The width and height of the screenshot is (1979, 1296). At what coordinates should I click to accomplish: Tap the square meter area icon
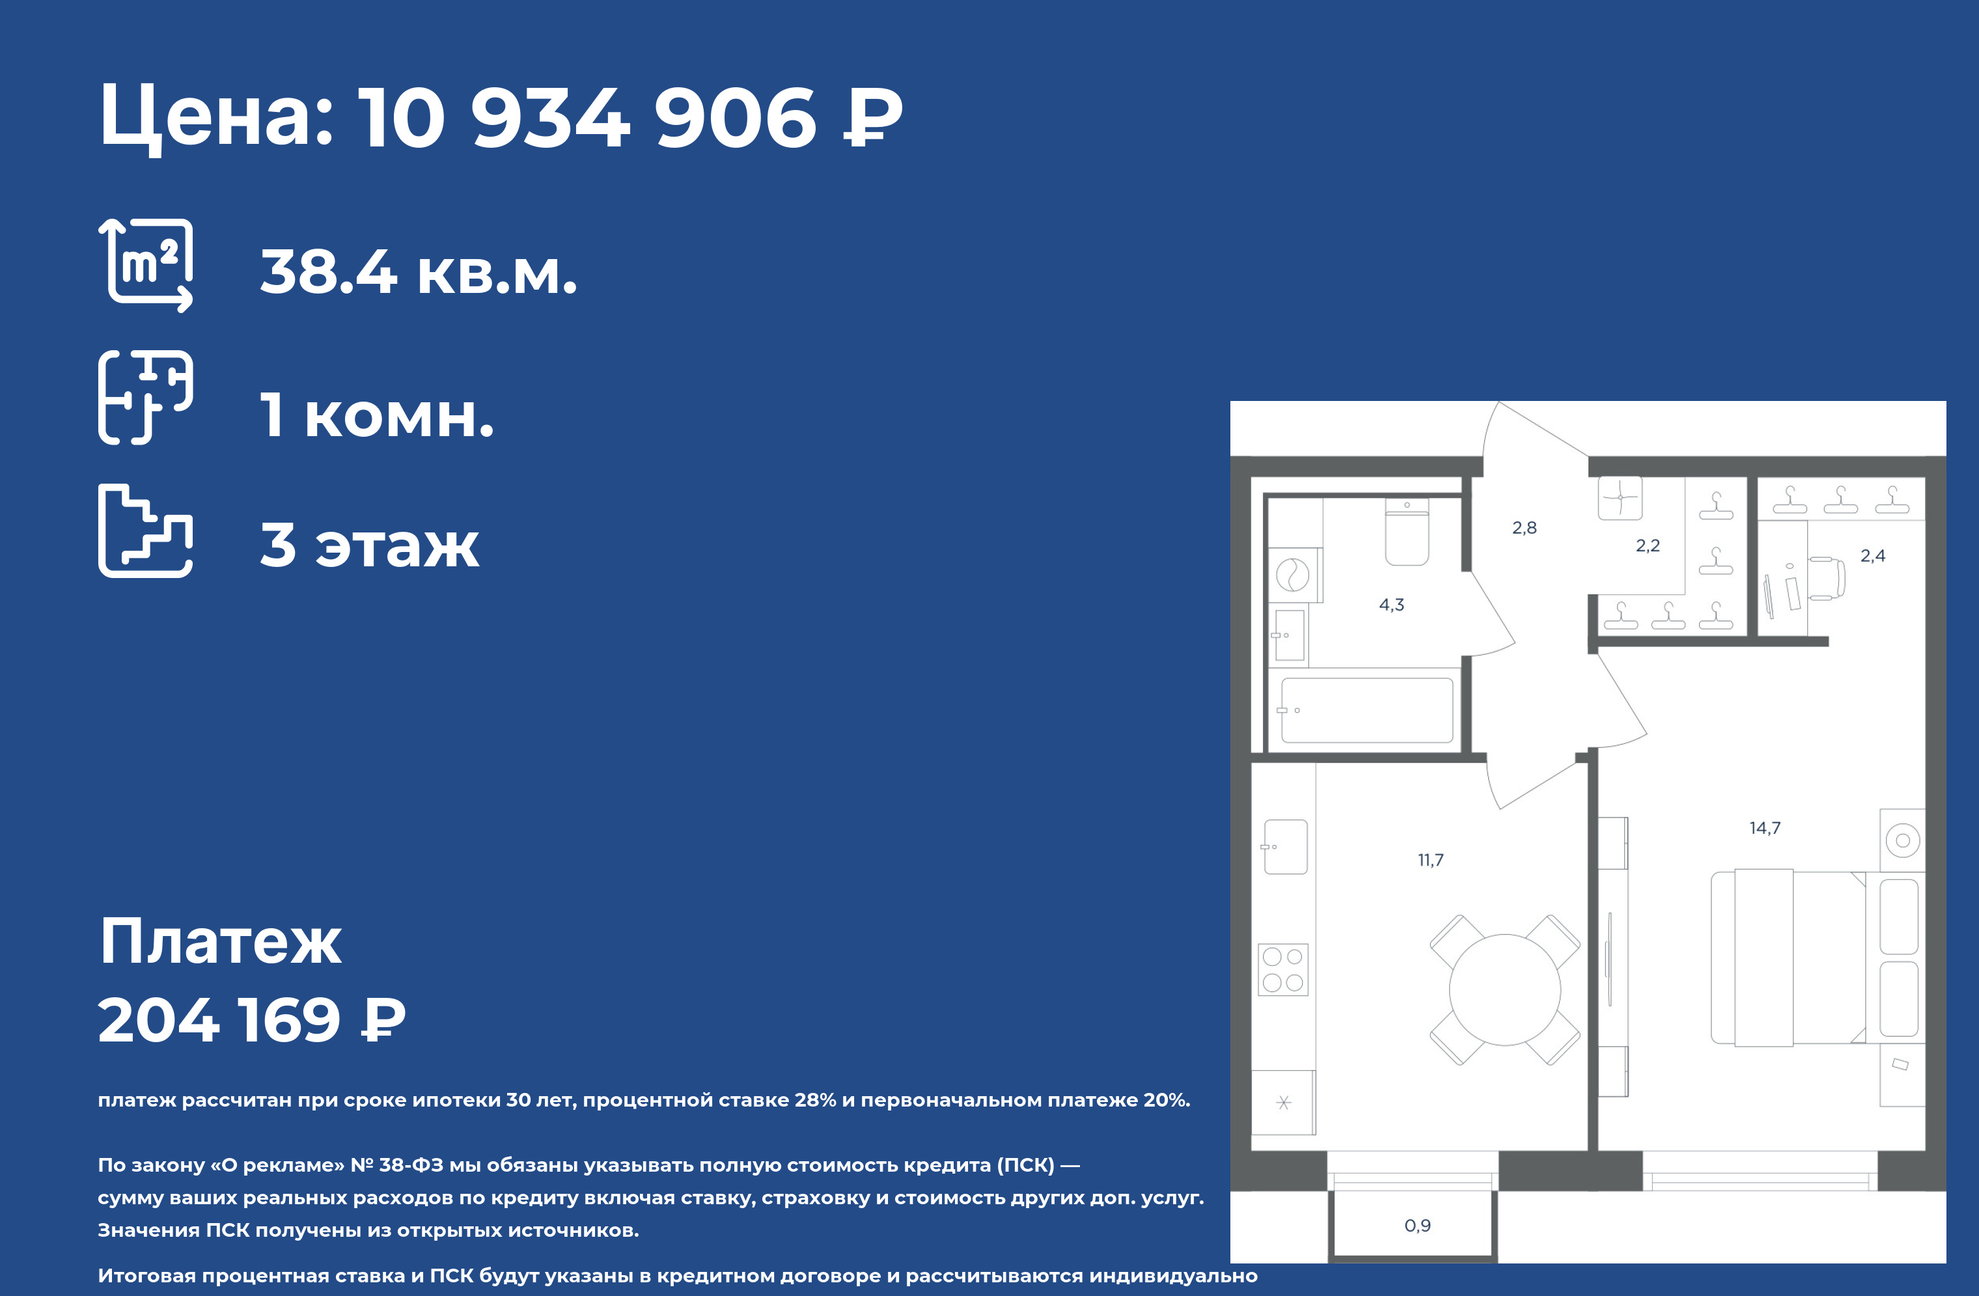tap(146, 265)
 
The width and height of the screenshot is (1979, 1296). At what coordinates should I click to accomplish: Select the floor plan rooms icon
tap(146, 397)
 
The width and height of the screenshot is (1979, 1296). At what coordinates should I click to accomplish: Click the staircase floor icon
tap(146, 531)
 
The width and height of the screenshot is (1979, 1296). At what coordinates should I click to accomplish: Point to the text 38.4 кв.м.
tap(418, 272)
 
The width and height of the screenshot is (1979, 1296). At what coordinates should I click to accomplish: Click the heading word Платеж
tap(220, 942)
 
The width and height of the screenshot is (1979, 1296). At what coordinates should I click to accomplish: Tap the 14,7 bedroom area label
tap(1764, 828)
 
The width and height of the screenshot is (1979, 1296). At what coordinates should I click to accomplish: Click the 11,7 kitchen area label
tap(1430, 861)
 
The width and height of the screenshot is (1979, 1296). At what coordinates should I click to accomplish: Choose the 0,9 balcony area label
tap(1417, 1225)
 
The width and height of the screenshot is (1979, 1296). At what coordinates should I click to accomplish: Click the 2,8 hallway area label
tap(1524, 527)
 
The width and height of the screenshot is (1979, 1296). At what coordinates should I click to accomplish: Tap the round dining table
tap(1504, 989)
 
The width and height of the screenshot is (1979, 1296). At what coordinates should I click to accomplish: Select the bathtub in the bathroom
tap(1367, 710)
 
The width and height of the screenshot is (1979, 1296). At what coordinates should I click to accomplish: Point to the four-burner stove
tap(1283, 969)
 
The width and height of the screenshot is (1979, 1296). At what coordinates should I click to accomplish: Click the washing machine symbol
tap(1292, 574)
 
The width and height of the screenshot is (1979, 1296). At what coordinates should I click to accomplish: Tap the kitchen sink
tap(1284, 847)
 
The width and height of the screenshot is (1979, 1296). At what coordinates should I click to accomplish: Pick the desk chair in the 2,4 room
tap(1827, 578)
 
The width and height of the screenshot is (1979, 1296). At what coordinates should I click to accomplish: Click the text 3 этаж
tap(370, 545)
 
